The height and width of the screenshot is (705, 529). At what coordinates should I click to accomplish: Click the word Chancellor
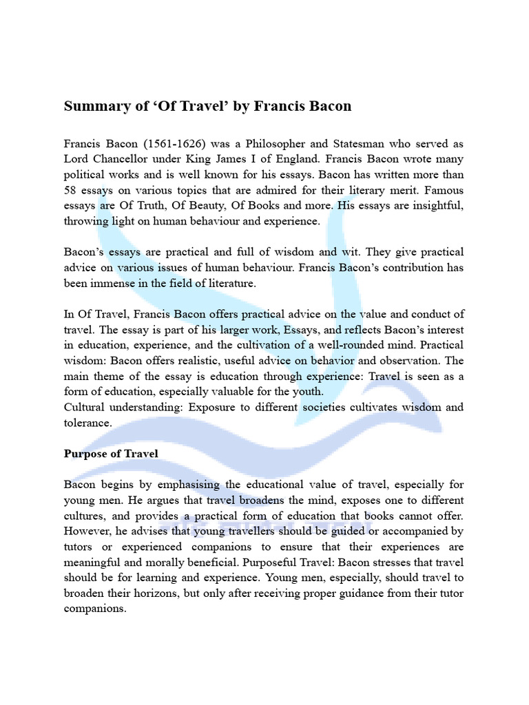pos(121,160)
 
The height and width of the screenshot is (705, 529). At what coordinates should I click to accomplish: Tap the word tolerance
pos(87,423)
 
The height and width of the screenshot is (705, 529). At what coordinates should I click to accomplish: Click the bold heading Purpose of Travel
pos(111,454)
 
